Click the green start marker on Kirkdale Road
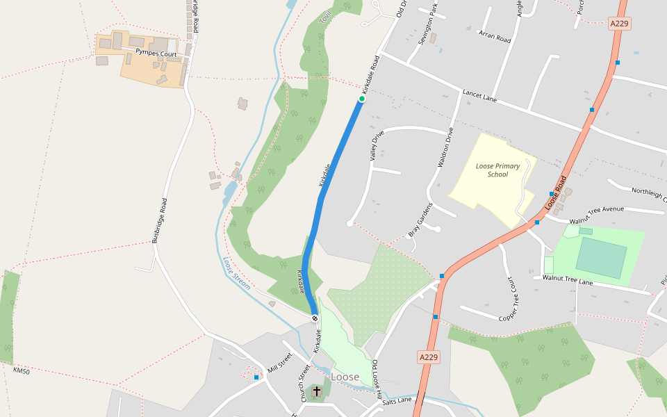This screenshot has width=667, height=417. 362,99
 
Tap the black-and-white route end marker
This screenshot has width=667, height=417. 315,318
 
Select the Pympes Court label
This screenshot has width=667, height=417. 156,54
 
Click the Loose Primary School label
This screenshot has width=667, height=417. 497,170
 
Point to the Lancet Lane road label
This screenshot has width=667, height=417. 480,97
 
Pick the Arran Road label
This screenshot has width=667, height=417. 494,36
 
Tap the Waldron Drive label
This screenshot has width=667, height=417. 445,147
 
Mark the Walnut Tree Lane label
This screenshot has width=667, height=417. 568,279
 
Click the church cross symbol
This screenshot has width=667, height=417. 317,391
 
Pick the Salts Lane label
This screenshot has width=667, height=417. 397,401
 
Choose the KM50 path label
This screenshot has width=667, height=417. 22,370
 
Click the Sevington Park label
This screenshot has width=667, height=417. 428,26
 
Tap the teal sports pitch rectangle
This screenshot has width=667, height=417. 601,257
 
